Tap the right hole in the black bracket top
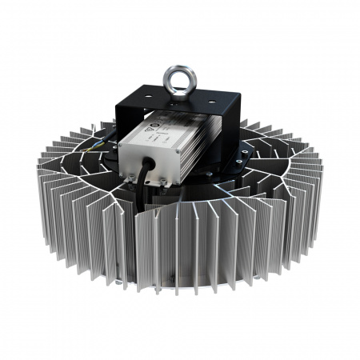[206, 102]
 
